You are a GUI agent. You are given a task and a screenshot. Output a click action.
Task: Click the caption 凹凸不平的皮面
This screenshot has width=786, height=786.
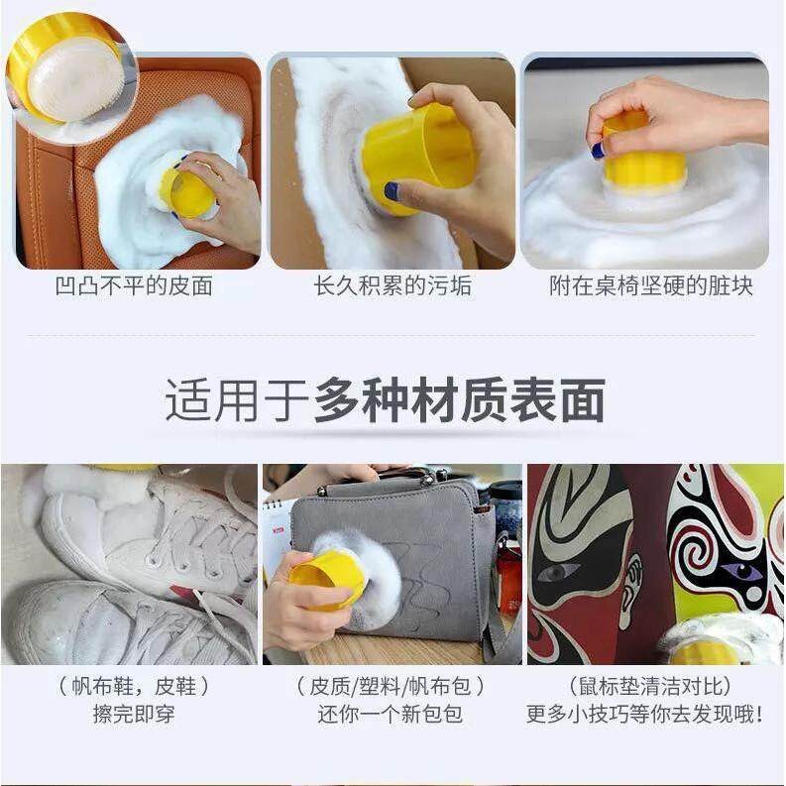(134, 286)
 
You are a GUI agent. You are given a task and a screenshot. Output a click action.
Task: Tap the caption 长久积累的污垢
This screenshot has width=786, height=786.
(393, 286)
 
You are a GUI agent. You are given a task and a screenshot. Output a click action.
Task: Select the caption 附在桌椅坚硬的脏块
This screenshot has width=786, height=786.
(651, 286)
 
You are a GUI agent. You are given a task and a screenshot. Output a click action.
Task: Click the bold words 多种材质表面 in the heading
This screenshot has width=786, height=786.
(459, 400)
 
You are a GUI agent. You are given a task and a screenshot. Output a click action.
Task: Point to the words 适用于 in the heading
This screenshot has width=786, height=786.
(237, 400)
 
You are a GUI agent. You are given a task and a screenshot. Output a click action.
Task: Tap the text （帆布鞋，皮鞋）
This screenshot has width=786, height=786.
(134, 686)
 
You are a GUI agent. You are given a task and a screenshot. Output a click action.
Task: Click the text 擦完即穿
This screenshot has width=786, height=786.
(134, 714)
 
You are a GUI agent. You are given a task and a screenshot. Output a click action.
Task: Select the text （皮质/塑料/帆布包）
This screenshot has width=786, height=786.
(391, 686)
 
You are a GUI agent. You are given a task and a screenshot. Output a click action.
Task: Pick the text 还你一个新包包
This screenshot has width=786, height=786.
(390, 714)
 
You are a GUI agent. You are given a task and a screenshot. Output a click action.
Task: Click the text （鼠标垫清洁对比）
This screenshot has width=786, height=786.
(650, 686)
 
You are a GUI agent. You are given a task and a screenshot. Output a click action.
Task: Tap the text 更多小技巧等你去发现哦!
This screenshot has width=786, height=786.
(645, 714)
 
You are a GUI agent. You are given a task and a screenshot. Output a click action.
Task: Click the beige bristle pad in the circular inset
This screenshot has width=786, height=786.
(74, 83)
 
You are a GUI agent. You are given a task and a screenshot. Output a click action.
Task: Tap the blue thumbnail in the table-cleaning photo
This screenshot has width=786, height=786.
(598, 151)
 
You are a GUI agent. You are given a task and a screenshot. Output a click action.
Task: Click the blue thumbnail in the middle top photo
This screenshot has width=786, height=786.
(392, 191)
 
